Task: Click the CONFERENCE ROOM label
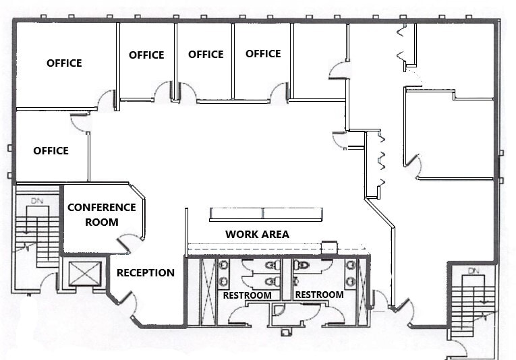tap(101, 214)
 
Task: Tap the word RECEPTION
tap(146, 273)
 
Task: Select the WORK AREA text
tap(257, 234)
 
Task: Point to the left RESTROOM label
tap(248, 295)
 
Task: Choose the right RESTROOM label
tap(319, 295)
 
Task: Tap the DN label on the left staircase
tap(36, 200)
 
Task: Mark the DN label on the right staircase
tap(472, 270)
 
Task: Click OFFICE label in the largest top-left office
tap(64, 63)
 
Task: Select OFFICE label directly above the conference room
tap(51, 150)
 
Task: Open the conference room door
tap(128, 242)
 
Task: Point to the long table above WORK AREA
tap(266, 214)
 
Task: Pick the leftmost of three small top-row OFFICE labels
tap(146, 55)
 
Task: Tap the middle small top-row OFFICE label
tap(206, 54)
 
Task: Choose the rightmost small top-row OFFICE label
tap(263, 54)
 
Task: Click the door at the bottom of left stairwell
tap(49, 282)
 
